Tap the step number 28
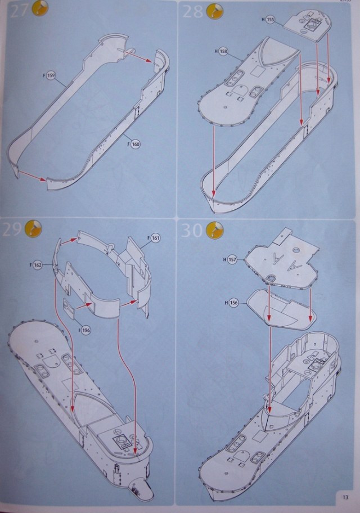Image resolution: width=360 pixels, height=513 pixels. [x=192, y=11]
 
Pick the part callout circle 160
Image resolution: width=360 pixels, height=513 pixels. [x=136, y=143]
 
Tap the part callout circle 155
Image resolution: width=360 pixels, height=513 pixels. [x=270, y=19]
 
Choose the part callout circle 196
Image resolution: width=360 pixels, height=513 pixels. [x=85, y=328]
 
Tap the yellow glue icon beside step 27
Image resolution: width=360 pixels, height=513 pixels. [x=40, y=9]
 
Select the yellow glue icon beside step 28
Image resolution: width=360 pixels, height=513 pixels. [x=214, y=10]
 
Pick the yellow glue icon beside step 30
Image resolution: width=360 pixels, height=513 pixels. [x=214, y=230]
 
